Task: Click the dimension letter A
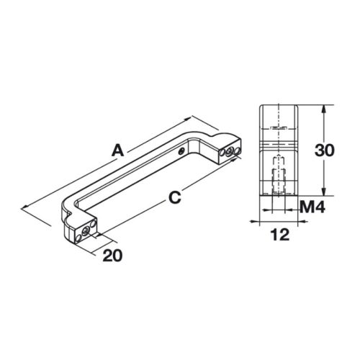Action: [x=118, y=151]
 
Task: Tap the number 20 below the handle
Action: [x=112, y=255]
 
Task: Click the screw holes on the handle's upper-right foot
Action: [x=229, y=150]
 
